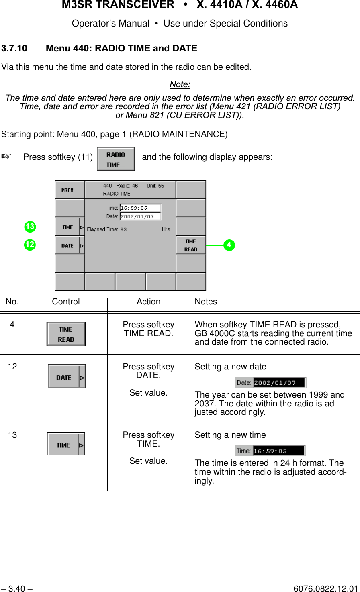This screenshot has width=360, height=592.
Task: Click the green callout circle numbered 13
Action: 30,227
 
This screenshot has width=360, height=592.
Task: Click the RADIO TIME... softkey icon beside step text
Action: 116,159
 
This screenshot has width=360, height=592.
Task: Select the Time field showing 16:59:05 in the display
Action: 140,208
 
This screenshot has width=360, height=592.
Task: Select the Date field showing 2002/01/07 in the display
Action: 140,216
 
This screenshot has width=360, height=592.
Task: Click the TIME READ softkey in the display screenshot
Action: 191,245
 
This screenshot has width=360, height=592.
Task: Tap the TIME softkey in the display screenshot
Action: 70,227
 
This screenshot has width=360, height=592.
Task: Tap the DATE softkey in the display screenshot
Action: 70,245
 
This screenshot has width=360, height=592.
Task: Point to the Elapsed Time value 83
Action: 123,229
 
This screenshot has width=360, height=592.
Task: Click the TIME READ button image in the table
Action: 66,334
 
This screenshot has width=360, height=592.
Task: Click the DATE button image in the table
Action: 67,377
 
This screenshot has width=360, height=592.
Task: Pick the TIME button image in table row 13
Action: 66,444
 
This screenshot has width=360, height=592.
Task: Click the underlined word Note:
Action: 180,84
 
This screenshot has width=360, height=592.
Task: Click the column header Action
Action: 148,302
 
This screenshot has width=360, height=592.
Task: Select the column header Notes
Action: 206,302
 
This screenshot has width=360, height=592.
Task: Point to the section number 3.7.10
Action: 14,49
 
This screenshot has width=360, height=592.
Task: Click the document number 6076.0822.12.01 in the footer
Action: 325,589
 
